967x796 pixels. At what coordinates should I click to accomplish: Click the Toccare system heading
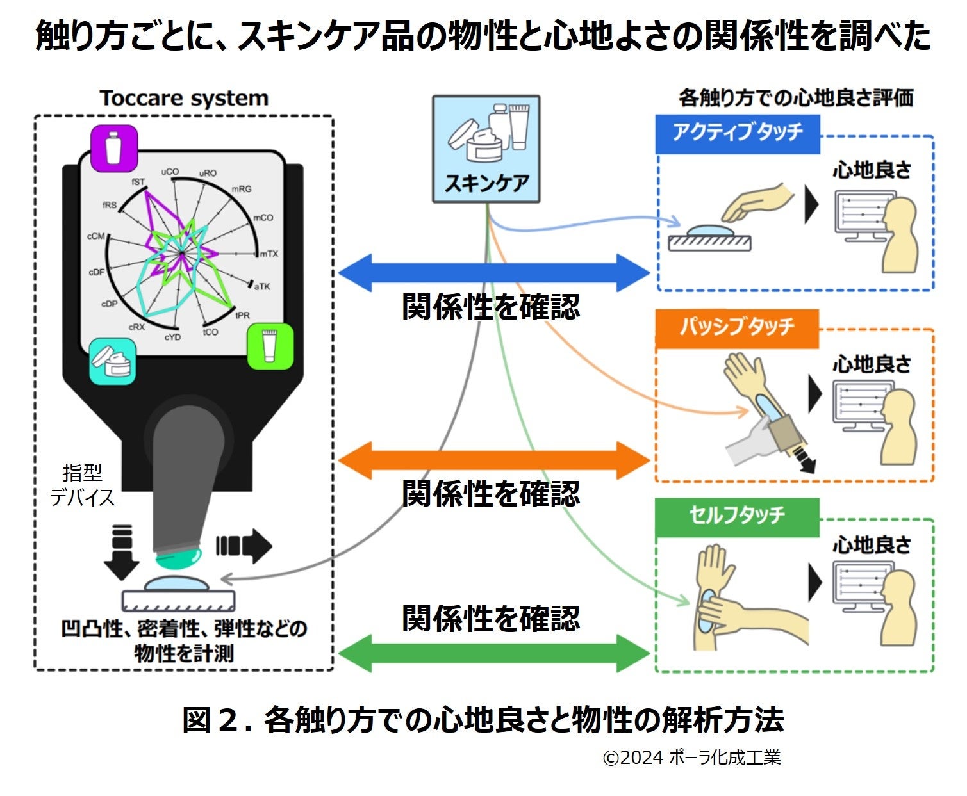coord(183,99)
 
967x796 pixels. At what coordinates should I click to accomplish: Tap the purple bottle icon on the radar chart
coord(114,148)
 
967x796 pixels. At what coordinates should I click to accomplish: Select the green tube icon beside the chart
coord(270,346)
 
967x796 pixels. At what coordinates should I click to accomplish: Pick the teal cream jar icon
coord(113,361)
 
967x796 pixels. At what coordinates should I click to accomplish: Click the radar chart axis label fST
coord(138,182)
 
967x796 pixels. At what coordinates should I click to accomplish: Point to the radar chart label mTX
coord(269,254)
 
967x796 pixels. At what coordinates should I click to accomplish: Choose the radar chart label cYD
coord(172,337)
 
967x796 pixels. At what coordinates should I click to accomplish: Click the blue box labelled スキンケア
coord(486,149)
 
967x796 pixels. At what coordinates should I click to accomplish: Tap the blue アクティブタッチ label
coord(738,133)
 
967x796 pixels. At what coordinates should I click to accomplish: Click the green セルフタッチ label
coord(737,516)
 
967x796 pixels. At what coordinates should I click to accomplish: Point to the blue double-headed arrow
coord(493,273)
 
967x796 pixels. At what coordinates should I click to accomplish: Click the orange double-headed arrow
coord(493,460)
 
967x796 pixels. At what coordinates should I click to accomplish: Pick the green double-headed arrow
coord(493,654)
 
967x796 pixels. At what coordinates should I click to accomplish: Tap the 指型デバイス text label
coord(83,485)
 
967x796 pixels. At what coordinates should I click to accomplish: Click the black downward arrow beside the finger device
coord(121,551)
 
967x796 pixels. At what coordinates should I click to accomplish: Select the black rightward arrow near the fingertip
coord(244,546)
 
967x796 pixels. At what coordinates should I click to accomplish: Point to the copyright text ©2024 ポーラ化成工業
coord(691,758)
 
